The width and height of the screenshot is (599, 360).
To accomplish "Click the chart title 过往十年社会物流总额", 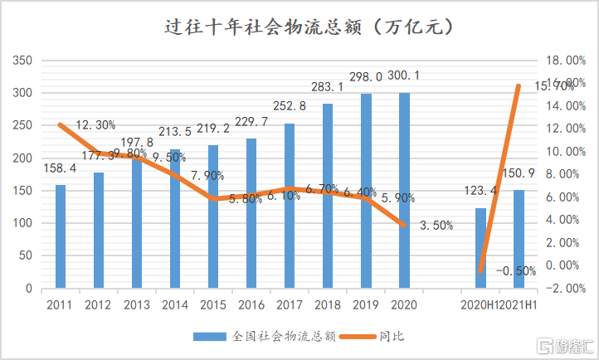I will [299, 27].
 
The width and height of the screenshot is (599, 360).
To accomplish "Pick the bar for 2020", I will [404, 191].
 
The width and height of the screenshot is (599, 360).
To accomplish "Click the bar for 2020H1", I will [480, 248].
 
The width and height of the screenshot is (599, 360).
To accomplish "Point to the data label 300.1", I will [404, 75].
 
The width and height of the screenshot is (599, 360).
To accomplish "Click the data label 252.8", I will [290, 106].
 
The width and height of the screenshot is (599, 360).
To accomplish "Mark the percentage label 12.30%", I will [95, 125].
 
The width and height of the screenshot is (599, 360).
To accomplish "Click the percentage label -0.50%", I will [516, 271].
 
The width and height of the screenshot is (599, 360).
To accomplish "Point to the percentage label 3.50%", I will [434, 226].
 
